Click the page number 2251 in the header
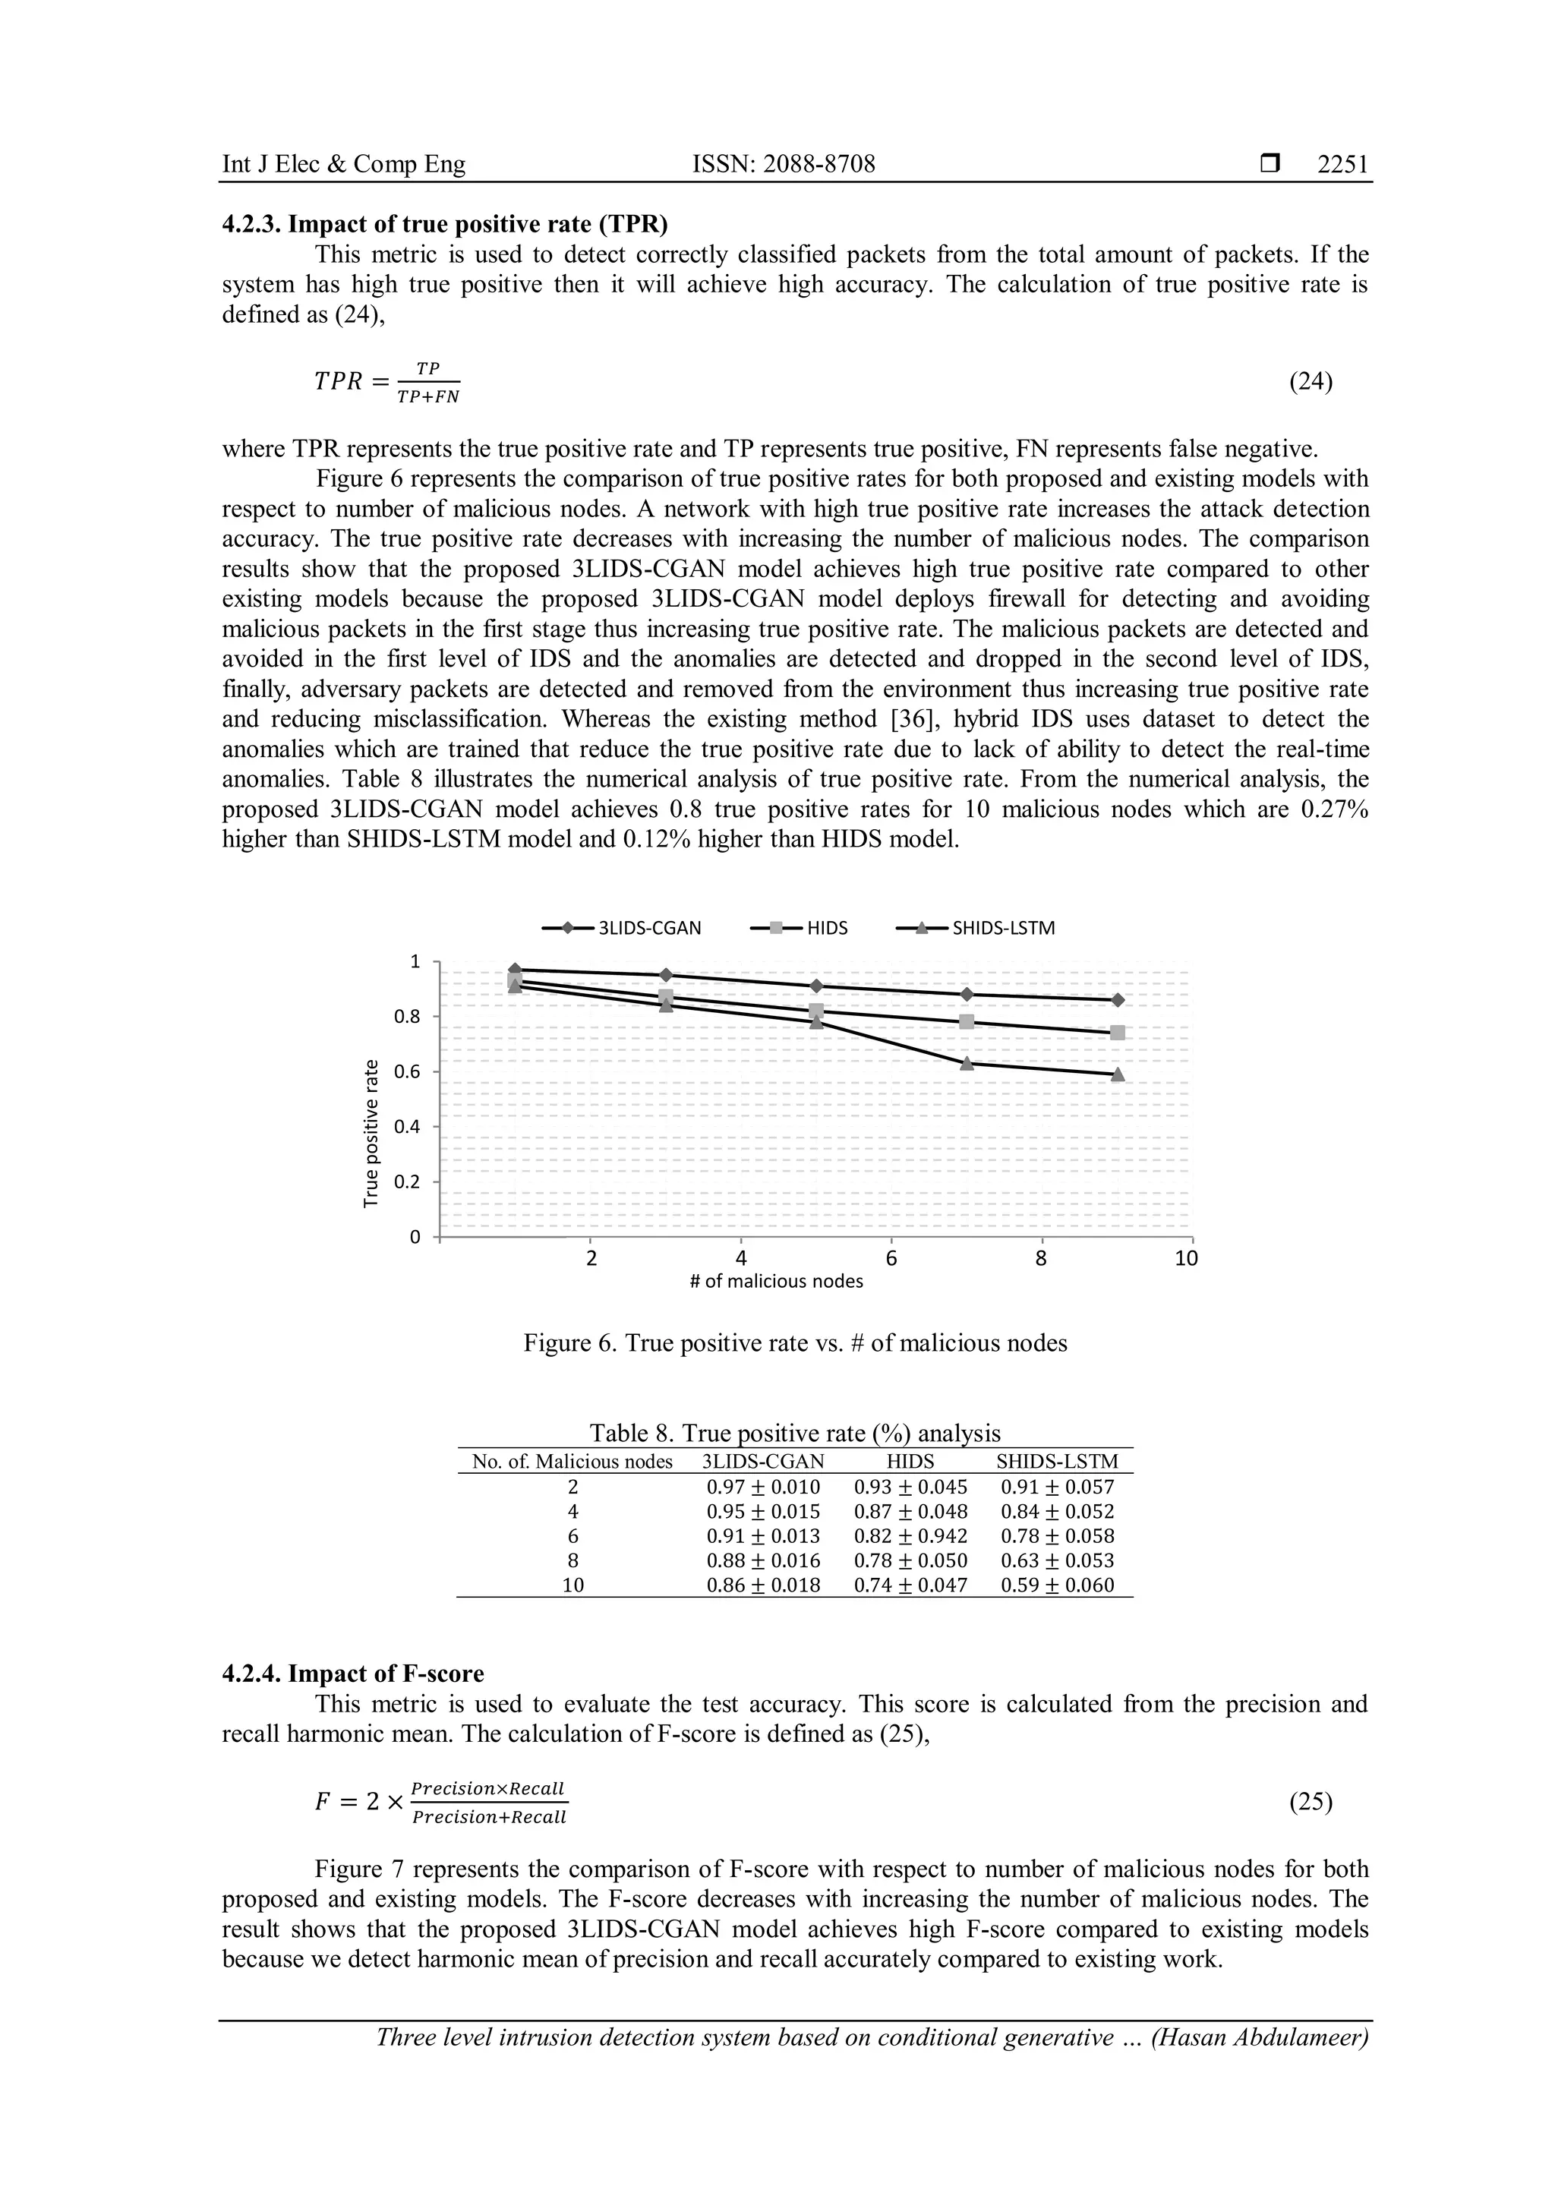point(1342,165)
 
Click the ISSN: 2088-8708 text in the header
point(784,165)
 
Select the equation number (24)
point(1311,381)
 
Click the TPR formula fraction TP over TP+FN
point(428,382)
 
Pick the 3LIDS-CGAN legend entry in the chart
point(623,928)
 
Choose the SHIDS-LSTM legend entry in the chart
point(976,928)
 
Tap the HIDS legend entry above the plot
point(800,928)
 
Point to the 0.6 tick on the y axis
point(408,1071)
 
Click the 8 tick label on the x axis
point(1041,1257)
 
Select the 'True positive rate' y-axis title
point(371,1132)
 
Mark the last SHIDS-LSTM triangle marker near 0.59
point(1118,1074)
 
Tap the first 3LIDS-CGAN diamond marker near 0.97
point(515,969)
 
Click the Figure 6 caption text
point(795,1342)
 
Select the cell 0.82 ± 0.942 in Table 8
point(910,1536)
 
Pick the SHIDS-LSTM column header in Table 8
point(1057,1462)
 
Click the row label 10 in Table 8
point(572,1585)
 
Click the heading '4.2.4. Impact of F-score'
point(353,1674)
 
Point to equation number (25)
point(1311,1802)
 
